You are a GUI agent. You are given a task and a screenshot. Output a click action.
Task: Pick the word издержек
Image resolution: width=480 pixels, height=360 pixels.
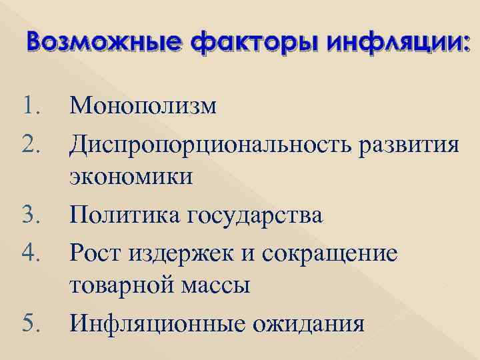[x=175, y=253]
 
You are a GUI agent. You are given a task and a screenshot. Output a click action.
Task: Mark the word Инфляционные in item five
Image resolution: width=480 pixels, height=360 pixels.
[x=161, y=324]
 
